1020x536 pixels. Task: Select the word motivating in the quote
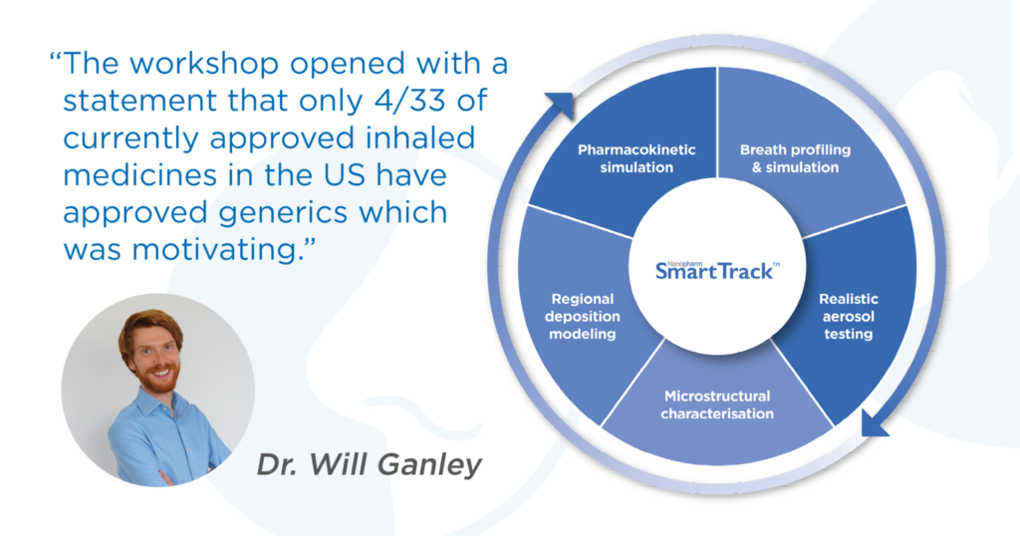[x=214, y=250]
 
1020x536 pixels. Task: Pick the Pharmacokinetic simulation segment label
[x=637, y=158]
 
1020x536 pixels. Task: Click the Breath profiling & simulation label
[x=795, y=158]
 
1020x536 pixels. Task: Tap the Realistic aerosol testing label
[x=849, y=316]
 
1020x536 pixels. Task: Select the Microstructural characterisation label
[x=717, y=404]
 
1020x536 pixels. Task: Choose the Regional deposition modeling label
[x=582, y=316]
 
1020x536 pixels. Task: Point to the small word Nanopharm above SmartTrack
[x=680, y=263]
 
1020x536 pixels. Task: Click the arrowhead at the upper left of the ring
[x=561, y=104]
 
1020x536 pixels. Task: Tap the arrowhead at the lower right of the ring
[x=874, y=424]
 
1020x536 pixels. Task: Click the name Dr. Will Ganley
[x=369, y=464]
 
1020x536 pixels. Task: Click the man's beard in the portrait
[x=158, y=378]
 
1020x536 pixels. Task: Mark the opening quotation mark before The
[x=55, y=57]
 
